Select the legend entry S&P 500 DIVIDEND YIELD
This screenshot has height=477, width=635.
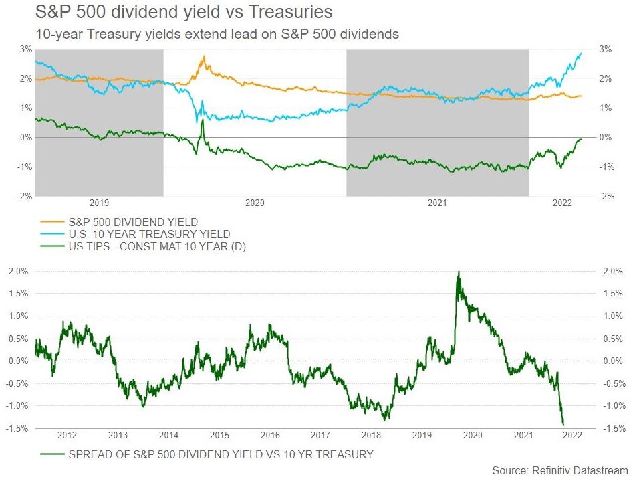point(133,221)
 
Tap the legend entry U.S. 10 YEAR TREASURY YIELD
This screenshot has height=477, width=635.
point(149,234)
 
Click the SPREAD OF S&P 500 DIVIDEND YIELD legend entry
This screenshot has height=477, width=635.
point(221,454)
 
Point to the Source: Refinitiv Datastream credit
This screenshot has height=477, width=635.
point(560,470)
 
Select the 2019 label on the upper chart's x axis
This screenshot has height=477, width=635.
point(99,202)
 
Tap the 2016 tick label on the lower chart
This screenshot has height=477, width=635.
point(270,436)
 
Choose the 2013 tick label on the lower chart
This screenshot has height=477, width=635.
point(118,436)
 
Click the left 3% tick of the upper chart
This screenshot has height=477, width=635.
point(26,49)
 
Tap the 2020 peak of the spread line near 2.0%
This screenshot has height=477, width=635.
point(458,272)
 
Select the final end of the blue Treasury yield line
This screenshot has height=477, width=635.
point(581,54)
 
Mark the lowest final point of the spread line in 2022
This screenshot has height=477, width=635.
point(563,424)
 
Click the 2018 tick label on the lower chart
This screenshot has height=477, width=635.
point(371,436)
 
